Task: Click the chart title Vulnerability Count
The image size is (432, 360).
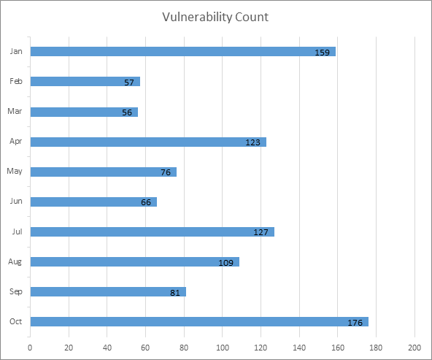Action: [215, 16]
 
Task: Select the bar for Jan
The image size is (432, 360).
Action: [182, 52]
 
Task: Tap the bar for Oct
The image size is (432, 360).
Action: [199, 321]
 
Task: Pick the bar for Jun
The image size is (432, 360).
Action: [93, 202]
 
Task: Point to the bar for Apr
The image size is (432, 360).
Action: [148, 142]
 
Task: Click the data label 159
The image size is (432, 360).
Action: [323, 53]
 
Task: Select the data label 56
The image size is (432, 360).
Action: [127, 112]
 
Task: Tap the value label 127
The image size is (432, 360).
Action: [261, 233]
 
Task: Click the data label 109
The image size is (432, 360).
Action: [226, 263]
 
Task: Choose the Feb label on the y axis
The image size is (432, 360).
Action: [16, 82]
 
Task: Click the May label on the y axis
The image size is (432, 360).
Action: [15, 172]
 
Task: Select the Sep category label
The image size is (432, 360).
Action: [15, 291]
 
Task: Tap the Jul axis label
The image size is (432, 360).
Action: [16, 231]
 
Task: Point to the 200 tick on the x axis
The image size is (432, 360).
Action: [415, 348]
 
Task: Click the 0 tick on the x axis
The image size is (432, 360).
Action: [30, 348]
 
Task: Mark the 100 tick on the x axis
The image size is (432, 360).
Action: [223, 348]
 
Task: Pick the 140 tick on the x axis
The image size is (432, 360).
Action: [300, 348]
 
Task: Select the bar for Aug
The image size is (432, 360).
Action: [134, 261]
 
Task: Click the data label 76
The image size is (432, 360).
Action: [166, 173]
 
